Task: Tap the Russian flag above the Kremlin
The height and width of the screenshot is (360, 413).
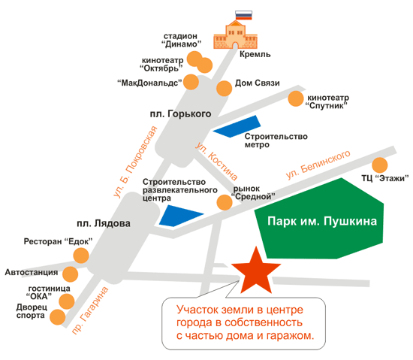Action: click(243, 15)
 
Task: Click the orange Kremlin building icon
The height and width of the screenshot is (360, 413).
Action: click(235, 35)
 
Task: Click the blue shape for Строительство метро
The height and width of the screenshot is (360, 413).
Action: click(237, 127)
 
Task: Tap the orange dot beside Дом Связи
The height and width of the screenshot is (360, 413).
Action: click(225, 88)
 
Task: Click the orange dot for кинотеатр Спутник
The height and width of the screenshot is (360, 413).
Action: click(296, 98)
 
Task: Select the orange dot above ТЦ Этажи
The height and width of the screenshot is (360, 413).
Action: click(379, 165)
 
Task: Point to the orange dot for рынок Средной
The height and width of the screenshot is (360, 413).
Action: click(225, 202)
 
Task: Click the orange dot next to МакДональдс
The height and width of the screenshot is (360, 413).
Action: click(191, 82)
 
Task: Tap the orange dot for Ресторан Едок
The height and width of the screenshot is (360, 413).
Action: click(81, 256)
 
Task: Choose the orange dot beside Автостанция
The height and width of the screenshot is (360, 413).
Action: click(70, 274)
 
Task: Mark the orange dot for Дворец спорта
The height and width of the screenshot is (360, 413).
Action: click(57, 317)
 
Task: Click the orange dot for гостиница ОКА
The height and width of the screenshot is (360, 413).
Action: click(66, 301)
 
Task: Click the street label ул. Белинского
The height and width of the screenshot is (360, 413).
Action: click(318, 165)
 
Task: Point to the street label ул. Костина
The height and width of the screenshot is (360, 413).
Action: click(216, 162)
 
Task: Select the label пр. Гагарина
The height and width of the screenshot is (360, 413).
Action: click(90, 310)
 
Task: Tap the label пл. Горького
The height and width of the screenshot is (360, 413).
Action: click(180, 113)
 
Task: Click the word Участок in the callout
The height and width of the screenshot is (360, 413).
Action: click(197, 310)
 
